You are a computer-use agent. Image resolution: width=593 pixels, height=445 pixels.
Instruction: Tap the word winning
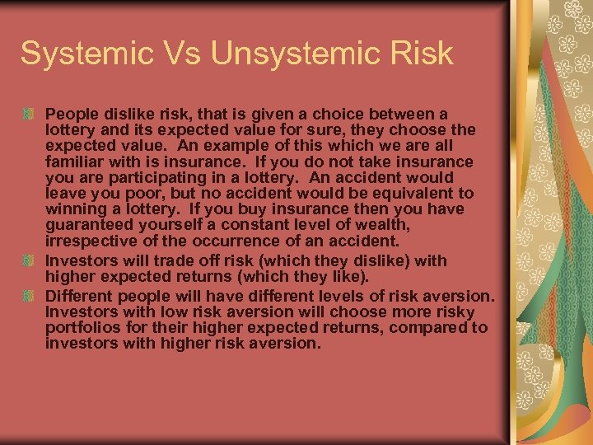[x=72, y=209]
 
